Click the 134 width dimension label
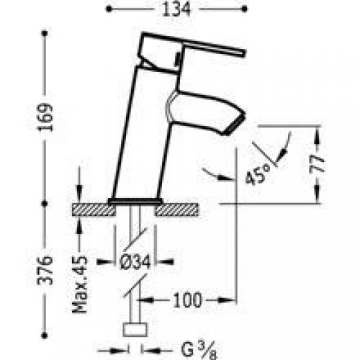coord(176,9)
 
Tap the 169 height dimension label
coord(45,117)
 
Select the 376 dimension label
coord(45,270)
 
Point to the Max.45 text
coord(80,284)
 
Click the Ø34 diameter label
coord(135,261)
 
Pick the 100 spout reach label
coord(187,300)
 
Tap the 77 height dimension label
coord(317,164)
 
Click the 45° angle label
coord(258,174)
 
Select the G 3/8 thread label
coord(199,350)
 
